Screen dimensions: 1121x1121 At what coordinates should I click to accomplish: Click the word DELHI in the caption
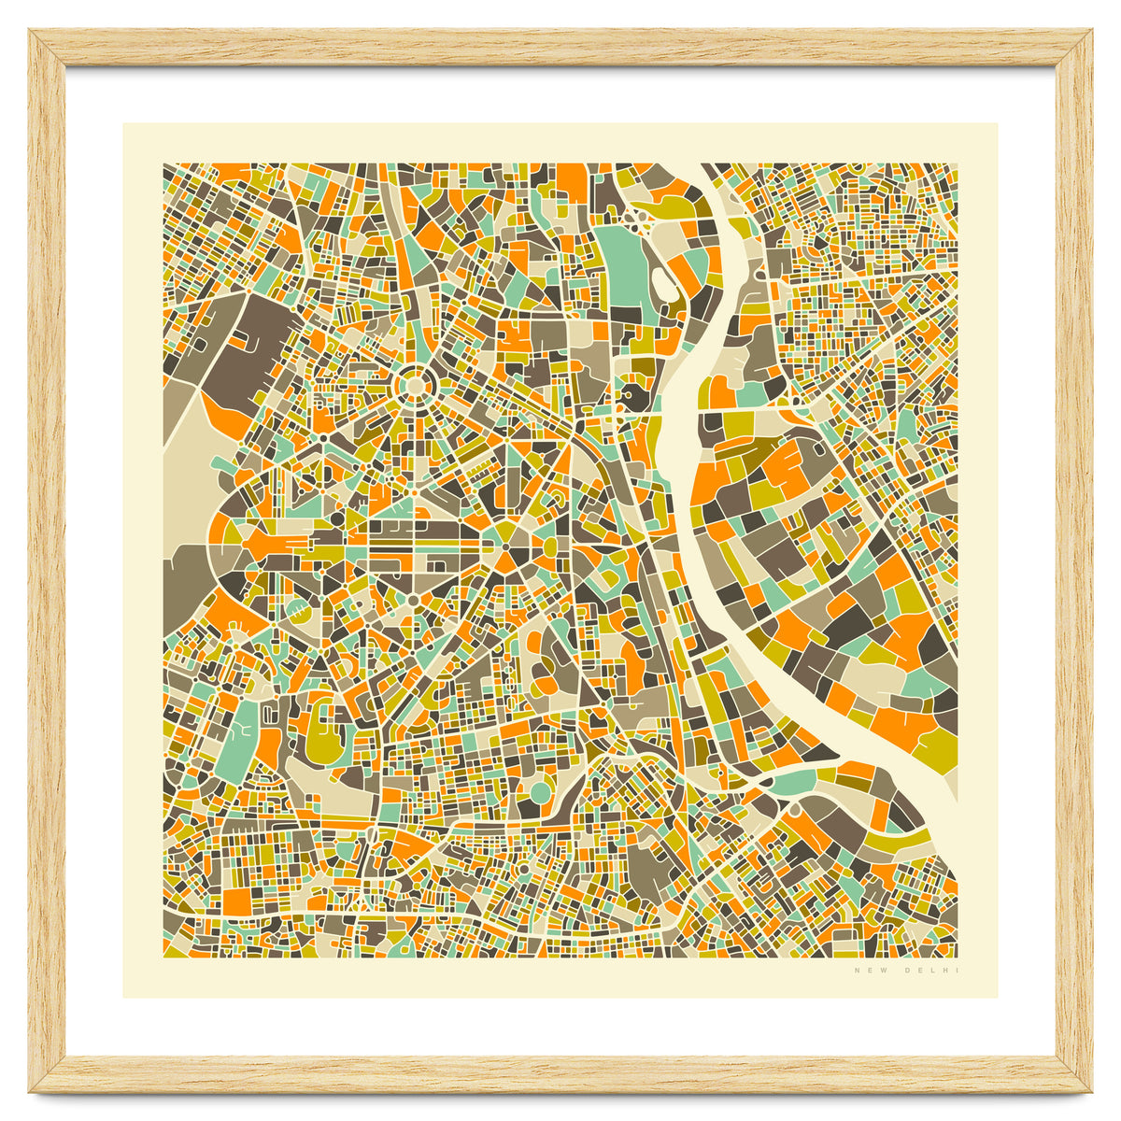(932, 972)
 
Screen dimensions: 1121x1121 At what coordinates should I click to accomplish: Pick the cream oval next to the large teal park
(665, 280)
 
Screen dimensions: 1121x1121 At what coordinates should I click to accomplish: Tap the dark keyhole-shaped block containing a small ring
(635, 396)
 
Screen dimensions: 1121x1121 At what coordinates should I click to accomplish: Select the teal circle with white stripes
(296, 613)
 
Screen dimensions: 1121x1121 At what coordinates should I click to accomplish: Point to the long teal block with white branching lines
(236, 738)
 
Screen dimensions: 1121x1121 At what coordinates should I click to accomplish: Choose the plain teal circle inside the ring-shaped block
(541, 793)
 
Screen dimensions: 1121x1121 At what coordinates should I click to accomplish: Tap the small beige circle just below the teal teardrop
(795, 812)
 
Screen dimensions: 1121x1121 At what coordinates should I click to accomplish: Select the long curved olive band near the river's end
(897, 841)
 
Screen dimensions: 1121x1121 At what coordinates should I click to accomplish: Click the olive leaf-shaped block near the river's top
(669, 201)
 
